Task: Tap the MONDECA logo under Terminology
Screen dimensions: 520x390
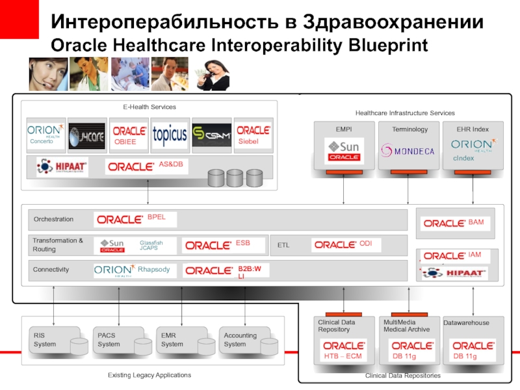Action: (408, 151)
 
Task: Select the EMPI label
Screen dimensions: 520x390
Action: (344, 129)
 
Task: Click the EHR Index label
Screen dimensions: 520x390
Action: (473, 129)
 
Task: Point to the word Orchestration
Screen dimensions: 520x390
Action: (53, 220)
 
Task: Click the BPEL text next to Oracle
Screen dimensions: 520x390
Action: (157, 216)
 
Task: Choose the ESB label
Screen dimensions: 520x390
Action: (242, 242)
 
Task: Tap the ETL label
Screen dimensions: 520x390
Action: (283, 246)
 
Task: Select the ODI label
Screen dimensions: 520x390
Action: (366, 242)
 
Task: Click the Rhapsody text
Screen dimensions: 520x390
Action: (153, 269)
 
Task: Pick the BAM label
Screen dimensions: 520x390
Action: (476, 222)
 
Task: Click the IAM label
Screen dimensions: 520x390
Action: (474, 255)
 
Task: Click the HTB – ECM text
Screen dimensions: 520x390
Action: (342, 357)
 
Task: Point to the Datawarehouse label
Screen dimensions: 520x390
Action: (466, 322)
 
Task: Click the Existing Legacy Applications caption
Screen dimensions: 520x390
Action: (149, 375)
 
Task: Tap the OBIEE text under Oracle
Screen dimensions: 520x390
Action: (125, 142)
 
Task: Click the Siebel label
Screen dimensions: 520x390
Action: (248, 142)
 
